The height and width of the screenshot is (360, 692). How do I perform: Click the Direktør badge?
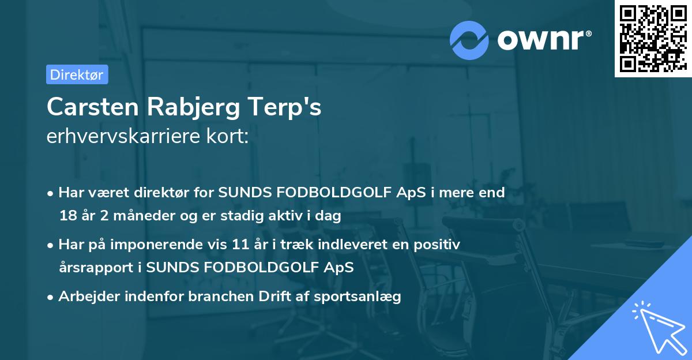77,74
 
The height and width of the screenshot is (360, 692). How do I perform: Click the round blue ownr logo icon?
469,40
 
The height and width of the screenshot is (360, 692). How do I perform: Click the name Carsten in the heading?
92,107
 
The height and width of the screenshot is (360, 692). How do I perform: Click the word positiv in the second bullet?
439,245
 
